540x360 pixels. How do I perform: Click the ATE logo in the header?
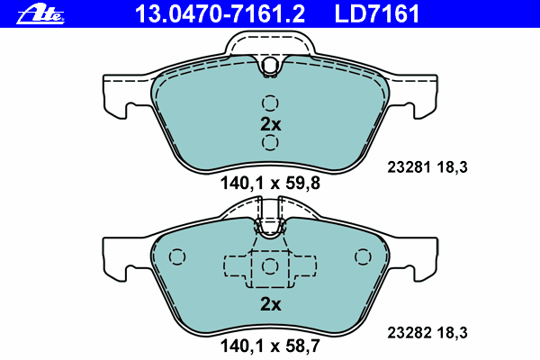tap(40, 14)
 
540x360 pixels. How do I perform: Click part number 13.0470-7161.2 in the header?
tap(220, 13)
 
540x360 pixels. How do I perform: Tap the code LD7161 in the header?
tap(377, 13)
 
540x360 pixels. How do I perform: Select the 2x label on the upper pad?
tap(270, 124)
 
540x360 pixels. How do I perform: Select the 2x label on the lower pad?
tap(270, 304)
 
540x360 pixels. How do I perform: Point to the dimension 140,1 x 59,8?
tap(270, 184)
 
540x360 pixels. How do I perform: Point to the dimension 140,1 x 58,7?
tap(270, 346)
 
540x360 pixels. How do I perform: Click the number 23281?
tap(409, 167)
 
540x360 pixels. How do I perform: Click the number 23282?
tap(409, 333)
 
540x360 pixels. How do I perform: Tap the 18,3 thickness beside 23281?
tap(453, 167)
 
